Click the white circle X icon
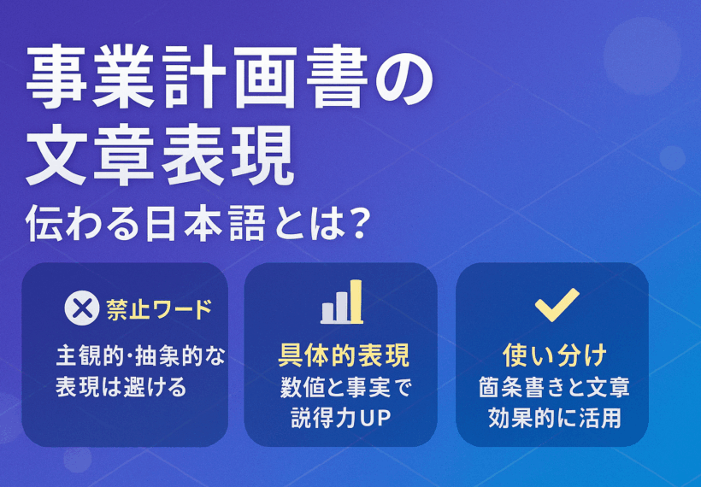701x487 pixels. point(82,308)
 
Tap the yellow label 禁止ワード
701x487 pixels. point(159,309)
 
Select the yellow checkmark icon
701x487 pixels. point(557,305)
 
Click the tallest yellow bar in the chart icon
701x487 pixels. point(356,301)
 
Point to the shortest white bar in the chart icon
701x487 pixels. point(327,313)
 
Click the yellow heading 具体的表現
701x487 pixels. point(344,355)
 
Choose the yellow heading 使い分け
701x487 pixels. point(555,355)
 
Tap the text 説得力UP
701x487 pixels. point(341,418)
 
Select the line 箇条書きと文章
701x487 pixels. point(554,387)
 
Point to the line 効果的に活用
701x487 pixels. point(554,418)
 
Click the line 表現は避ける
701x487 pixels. point(121,387)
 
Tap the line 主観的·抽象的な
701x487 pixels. point(141,356)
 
